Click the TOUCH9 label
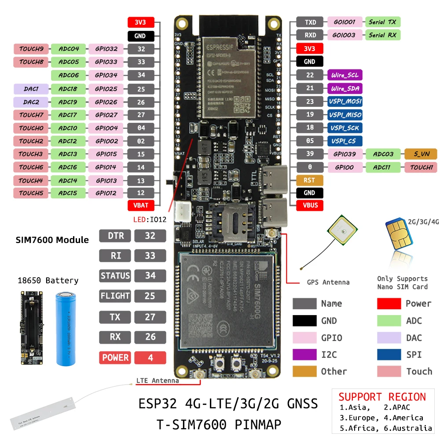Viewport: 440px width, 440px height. click(x=31, y=49)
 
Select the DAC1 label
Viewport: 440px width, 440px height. click(x=31, y=89)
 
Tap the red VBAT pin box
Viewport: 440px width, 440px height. click(x=141, y=205)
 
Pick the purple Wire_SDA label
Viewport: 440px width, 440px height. click(x=345, y=88)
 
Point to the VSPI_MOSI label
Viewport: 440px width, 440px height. click(x=345, y=102)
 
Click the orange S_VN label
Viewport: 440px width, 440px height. click(x=420, y=154)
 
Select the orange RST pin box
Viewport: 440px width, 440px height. click(x=309, y=180)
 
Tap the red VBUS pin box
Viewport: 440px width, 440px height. click(x=309, y=205)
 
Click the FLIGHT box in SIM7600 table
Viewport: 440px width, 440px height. click(x=115, y=296)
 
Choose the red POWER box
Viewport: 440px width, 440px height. click(x=115, y=358)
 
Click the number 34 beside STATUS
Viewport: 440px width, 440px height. click(x=150, y=276)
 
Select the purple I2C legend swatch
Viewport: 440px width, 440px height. click(x=304, y=355)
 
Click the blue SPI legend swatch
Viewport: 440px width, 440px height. click(x=389, y=355)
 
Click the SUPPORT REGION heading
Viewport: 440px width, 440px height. click(x=382, y=396)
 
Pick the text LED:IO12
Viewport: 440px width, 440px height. click(x=150, y=219)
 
